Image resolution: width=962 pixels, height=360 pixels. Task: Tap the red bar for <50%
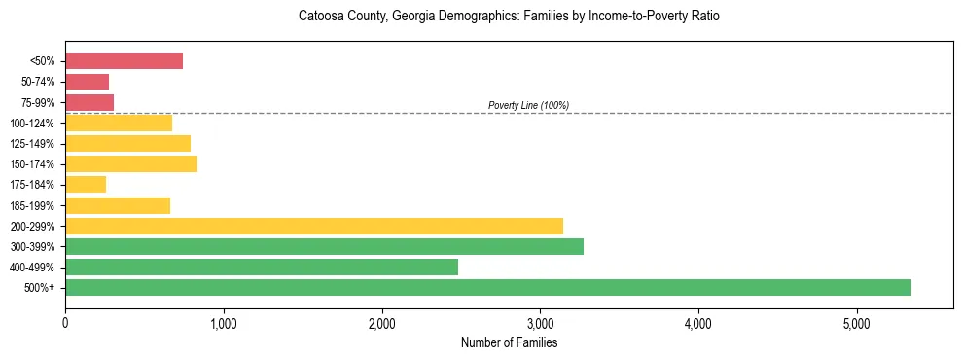125,61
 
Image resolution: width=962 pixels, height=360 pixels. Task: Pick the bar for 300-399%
324,246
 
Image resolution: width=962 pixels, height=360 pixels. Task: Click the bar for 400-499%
262,267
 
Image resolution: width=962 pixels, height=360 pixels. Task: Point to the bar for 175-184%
86,185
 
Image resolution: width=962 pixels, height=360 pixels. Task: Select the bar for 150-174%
131,163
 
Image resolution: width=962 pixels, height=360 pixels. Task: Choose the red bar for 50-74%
88,82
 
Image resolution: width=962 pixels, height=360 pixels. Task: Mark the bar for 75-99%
89,102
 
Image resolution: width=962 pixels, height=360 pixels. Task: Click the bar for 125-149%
128,143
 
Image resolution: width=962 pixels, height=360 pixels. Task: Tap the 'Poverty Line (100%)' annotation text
528,105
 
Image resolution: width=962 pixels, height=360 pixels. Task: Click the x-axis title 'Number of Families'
509,342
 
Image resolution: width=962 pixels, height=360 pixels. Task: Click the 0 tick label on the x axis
65,324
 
